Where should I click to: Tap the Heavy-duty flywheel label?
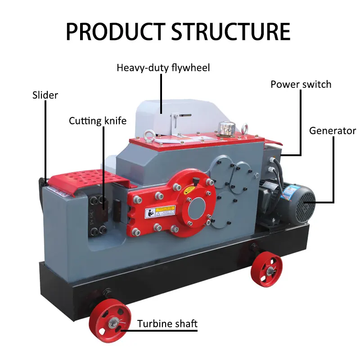click(x=163, y=68)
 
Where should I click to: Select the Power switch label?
click(x=301, y=84)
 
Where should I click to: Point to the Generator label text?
click(x=333, y=131)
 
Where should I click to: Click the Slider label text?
click(x=45, y=95)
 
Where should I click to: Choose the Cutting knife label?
click(x=98, y=121)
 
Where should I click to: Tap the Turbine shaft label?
click(x=167, y=324)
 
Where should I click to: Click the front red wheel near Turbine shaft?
click(x=110, y=321)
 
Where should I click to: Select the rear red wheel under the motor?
click(x=266, y=269)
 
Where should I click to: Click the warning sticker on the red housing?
click(x=160, y=211)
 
